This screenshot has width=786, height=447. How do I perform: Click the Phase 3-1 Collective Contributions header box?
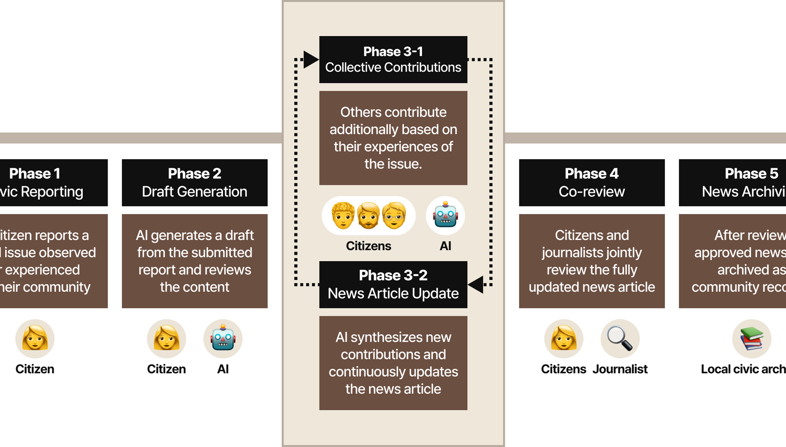click(393, 59)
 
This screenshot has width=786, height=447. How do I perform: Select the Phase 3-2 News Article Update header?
click(393, 285)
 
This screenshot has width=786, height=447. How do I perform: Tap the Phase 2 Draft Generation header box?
click(195, 182)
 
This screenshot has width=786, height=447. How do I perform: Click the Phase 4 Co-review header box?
click(592, 182)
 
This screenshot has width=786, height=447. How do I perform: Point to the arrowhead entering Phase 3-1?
click(311, 59)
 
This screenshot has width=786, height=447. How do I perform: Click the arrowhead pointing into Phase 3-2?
click(476, 284)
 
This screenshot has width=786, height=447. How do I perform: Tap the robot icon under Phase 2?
click(223, 339)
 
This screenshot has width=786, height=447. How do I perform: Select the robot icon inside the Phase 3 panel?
click(445, 216)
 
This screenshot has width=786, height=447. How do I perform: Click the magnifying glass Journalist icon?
click(620, 339)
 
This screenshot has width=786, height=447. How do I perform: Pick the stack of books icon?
click(752, 339)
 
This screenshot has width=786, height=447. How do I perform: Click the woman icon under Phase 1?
click(35, 339)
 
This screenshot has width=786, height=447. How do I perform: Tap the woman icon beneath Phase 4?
click(564, 339)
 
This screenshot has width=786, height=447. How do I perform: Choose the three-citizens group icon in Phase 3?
click(368, 216)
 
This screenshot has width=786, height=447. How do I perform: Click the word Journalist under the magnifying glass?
click(620, 369)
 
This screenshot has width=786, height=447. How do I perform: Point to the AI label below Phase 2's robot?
click(223, 369)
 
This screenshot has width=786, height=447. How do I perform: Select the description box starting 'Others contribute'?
click(393, 138)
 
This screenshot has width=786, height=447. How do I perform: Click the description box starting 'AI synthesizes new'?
click(393, 363)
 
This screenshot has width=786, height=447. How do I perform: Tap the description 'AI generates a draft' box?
click(195, 261)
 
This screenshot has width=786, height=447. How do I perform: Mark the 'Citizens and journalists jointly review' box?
click(592, 261)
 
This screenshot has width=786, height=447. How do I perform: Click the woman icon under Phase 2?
click(167, 339)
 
